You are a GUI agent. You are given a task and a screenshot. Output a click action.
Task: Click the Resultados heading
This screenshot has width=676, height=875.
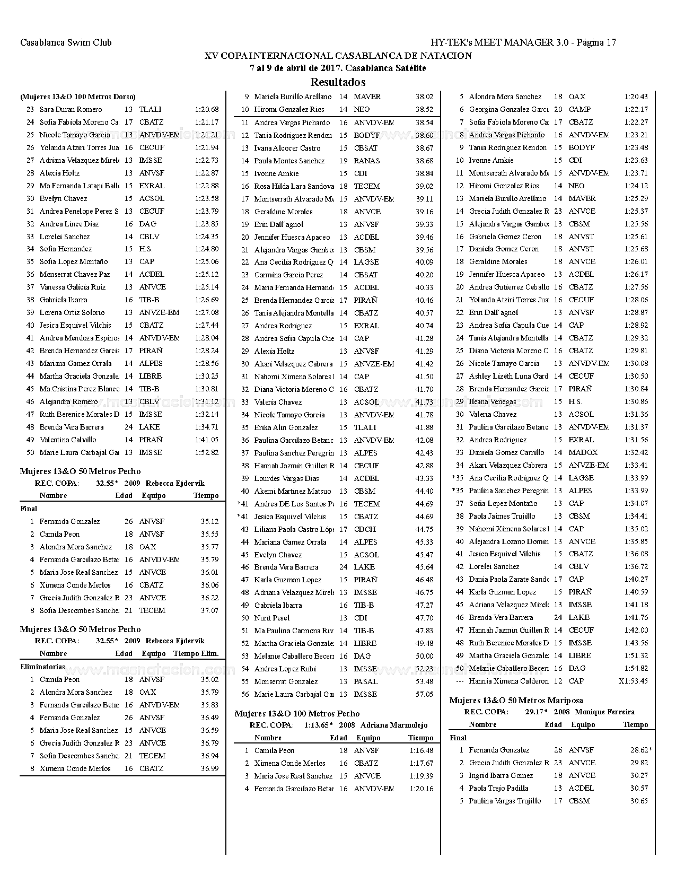[338, 82]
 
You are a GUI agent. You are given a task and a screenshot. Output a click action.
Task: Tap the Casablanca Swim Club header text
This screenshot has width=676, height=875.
[66, 42]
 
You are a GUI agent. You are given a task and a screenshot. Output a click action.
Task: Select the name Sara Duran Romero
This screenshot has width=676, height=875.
[71, 109]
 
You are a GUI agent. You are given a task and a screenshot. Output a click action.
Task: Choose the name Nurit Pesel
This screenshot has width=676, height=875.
[271, 618]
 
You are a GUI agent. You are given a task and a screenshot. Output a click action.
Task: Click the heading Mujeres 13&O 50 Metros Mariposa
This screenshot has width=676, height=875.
[516, 700]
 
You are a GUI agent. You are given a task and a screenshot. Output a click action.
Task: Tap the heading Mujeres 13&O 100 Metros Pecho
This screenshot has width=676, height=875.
[297, 713]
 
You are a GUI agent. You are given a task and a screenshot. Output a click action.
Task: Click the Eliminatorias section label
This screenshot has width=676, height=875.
[42, 667]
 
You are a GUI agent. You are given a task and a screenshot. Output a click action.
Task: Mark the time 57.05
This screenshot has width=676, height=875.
[424, 694]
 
